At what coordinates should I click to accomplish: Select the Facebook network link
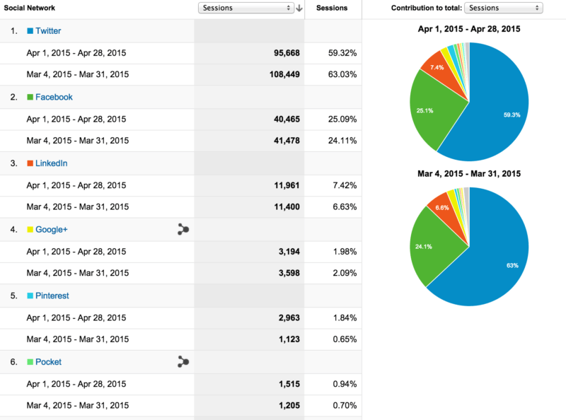pos(54,97)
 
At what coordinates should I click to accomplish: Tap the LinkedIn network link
pos(51,163)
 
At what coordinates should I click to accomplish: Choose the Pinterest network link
pos(52,296)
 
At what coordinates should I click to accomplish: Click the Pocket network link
pos(48,362)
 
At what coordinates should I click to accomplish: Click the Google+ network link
pos(51,229)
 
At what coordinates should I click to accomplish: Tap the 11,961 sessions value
pos(277,185)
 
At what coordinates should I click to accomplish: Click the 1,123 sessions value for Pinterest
pos(279,339)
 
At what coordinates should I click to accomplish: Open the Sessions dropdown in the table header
pos(246,8)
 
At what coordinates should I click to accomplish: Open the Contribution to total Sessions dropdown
pos(504,8)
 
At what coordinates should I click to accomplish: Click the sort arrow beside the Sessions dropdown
pos(299,8)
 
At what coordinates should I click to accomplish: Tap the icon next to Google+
pos(183,229)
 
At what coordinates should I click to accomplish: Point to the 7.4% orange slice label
pos(437,67)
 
